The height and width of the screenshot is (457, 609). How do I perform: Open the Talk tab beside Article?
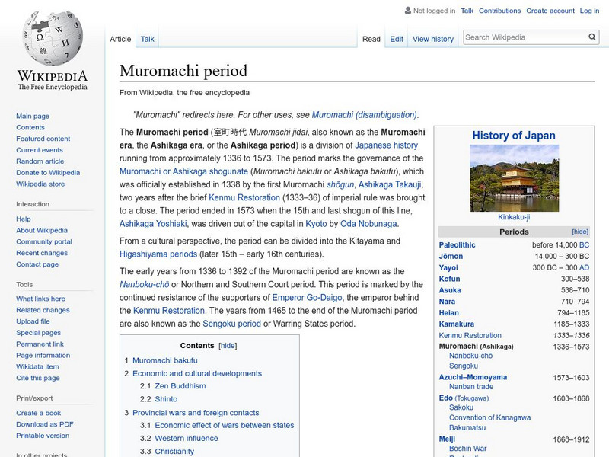148,39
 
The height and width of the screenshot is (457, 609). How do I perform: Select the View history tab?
432,39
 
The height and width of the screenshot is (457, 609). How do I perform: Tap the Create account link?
550,11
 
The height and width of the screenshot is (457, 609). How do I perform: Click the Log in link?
589,11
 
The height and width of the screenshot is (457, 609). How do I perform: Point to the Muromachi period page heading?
183,71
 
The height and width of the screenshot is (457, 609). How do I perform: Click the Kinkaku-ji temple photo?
514,178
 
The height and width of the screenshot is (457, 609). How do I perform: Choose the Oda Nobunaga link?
368,223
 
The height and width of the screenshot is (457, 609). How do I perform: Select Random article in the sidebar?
40,161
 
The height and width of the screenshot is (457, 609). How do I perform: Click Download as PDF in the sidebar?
45,424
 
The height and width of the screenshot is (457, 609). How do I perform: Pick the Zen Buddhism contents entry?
180,386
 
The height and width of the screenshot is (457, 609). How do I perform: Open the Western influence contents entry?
186,438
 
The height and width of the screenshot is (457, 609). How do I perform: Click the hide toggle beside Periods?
580,232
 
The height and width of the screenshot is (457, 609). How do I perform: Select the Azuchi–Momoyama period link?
473,377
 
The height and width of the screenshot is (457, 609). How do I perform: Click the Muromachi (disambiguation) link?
364,115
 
